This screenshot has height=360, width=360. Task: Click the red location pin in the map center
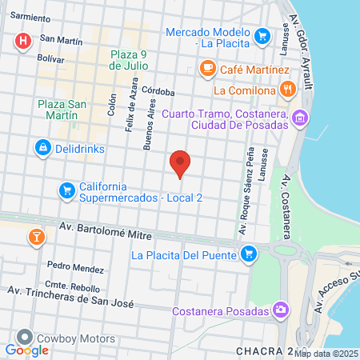[181, 163]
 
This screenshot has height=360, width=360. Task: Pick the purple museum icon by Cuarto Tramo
[300, 119]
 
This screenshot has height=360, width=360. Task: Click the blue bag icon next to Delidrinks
[42, 148]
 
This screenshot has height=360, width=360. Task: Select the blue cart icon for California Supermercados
[66, 190]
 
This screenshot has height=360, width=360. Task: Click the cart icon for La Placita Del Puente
[250, 255]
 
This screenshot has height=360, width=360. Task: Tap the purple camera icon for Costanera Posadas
[280, 309]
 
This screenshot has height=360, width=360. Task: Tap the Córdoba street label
[159, 90]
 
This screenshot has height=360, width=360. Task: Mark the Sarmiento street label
[30, 16]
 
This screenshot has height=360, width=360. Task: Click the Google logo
[26, 350]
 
